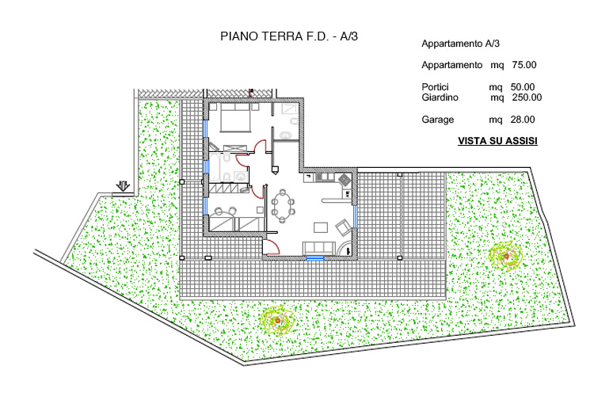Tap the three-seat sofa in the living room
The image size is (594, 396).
pos(318,248)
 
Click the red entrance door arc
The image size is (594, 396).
pos(272,247)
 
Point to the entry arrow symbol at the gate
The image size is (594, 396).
pos(123,185)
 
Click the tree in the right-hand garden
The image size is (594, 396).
pos(506,256)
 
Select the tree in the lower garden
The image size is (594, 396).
pos(277,321)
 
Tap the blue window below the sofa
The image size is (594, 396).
pos(315,258)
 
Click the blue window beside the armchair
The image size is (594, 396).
pos(356,216)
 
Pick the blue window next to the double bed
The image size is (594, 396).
pos(205,128)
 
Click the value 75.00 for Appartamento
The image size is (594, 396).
pos(524,65)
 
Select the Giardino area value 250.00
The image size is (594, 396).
pos(527,97)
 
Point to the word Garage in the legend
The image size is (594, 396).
pos(437,120)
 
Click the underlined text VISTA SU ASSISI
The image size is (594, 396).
pos(497,141)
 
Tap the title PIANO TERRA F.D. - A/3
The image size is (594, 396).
pos(289,36)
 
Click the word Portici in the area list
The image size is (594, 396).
pos(435,87)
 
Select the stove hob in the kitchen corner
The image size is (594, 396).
pos(345,179)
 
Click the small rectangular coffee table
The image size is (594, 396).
pos(321,227)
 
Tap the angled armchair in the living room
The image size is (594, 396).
pos(344,227)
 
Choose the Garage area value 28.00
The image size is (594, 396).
pos(523,120)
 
